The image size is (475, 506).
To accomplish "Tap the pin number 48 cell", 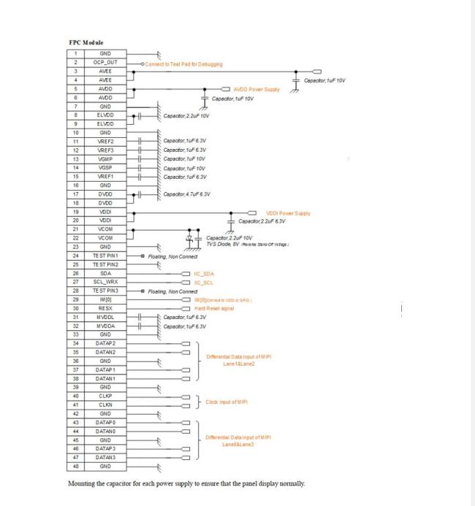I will coord(75,466).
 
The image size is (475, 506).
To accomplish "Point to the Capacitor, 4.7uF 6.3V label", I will coord(187,193).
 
